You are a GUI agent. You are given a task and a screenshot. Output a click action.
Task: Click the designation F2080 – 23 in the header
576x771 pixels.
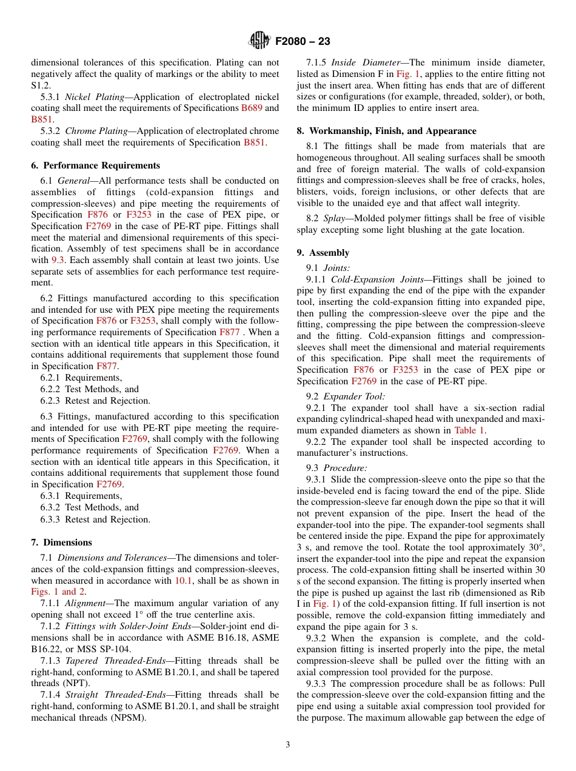tap(303, 42)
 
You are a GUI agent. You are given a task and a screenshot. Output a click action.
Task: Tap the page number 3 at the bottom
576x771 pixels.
tap(288, 744)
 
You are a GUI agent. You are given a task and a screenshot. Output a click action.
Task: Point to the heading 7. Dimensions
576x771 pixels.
tap(61, 542)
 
